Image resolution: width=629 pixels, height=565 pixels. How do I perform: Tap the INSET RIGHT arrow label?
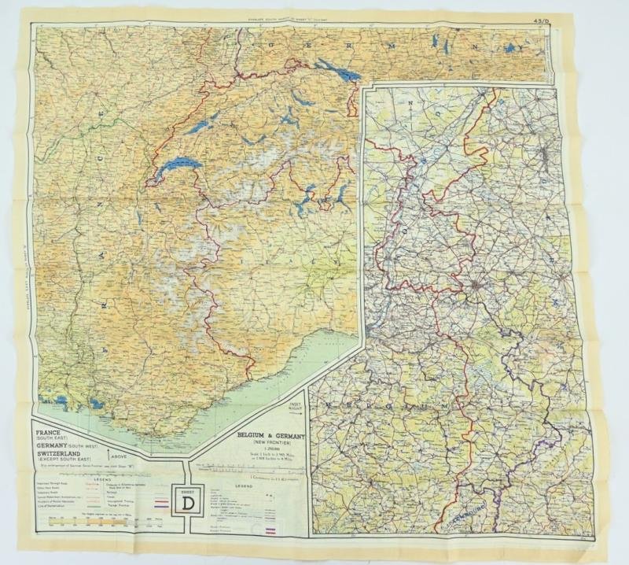coord(295,410)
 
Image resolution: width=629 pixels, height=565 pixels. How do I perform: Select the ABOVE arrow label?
coord(120,455)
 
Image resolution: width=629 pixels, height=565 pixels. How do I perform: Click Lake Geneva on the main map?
coord(178,169)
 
